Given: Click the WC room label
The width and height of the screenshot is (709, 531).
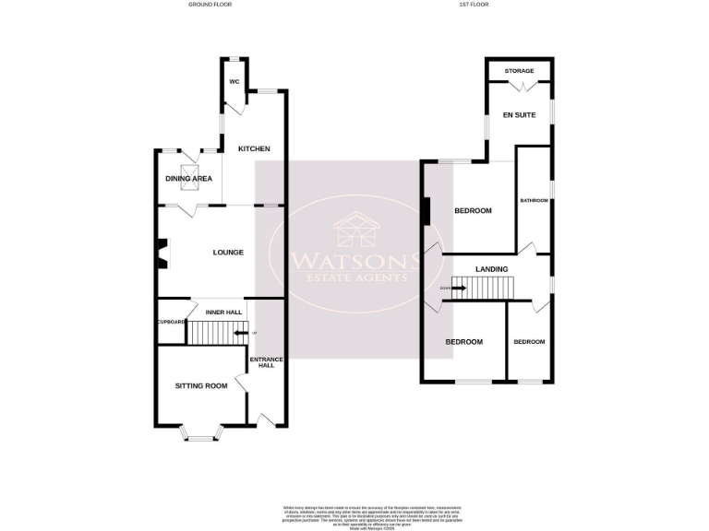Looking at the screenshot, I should pyautogui.click(x=234, y=82).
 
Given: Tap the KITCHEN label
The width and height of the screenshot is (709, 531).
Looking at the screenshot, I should pyautogui.click(x=254, y=149).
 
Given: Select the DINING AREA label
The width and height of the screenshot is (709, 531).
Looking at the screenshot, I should pyautogui.click(x=188, y=179).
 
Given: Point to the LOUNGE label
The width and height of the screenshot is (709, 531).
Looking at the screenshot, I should pyautogui.click(x=228, y=253).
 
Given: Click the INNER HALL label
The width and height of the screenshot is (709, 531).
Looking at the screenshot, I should pyautogui.click(x=222, y=313).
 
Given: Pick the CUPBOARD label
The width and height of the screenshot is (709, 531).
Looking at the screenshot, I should pyautogui.click(x=171, y=321).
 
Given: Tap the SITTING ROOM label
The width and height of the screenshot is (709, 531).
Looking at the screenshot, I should pyautogui.click(x=201, y=385).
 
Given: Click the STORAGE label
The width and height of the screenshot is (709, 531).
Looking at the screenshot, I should pyautogui.click(x=520, y=70).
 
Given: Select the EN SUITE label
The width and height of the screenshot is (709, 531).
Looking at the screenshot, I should pyautogui.click(x=519, y=115).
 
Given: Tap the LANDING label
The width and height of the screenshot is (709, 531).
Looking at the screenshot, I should pyautogui.click(x=490, y=268).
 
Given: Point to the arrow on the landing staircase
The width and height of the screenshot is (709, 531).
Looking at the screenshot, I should pyautogui.click(x=458, y=289).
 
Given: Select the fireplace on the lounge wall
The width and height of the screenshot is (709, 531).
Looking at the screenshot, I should pyautogui.click(x=162, y=253).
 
